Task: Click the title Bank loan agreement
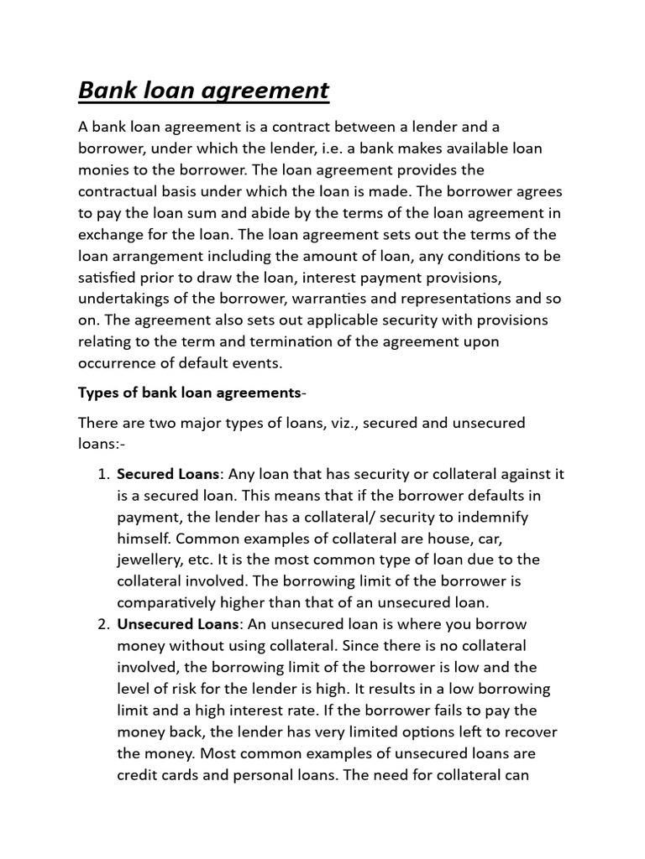click(203, 90)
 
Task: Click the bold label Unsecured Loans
click(178, 624)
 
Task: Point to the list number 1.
click(103, 474)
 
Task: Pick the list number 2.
click(103, 624)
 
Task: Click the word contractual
click(119, 191)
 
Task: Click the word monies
click(103, 170)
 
